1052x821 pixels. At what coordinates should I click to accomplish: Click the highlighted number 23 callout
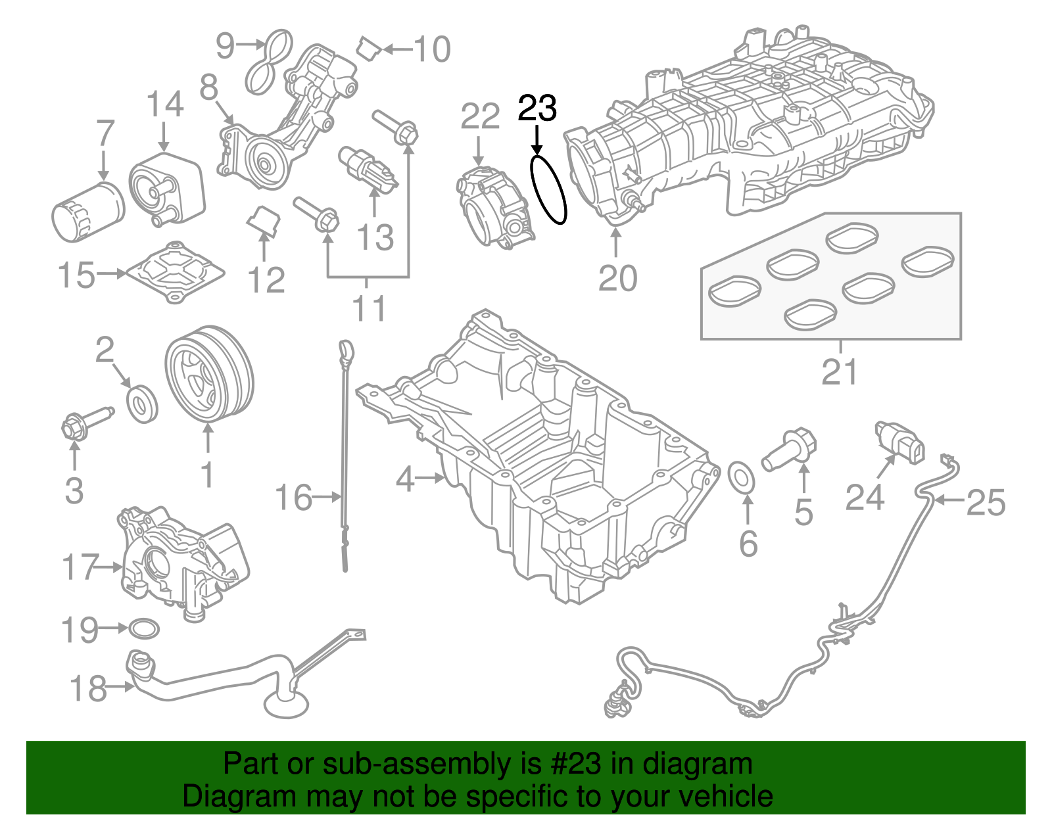tap(537, 108)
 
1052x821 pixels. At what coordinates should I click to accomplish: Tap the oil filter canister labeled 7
tap(87, 212)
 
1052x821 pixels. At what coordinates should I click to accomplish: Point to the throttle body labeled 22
tap(495, 206)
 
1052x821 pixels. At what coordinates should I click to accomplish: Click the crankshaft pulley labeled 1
tap(208, 373)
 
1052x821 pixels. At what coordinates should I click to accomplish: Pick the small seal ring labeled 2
tap(141, 404)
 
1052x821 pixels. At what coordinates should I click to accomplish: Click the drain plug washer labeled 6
tap(744, 477)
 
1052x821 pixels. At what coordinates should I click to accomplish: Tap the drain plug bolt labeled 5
tap(789, 451)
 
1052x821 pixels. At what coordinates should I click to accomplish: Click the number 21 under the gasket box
tap(840, 372)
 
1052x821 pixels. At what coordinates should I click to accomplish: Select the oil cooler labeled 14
tap(166, 187)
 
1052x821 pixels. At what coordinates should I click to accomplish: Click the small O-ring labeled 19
tap(143, 629)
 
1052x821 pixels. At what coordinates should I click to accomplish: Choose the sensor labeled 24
tap(900, 442)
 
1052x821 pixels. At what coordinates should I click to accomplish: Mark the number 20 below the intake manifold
tap(617, 278)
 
